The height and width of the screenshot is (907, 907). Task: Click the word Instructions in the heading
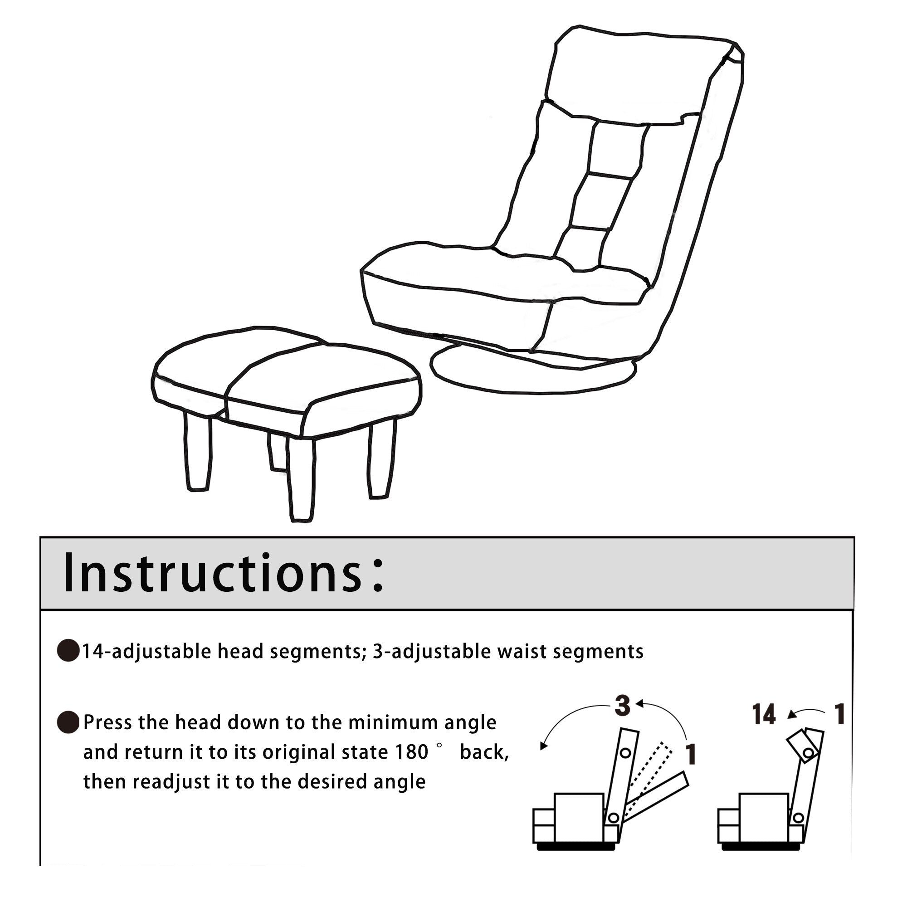point(212,574)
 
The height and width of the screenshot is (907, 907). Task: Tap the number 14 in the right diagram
point(764,715)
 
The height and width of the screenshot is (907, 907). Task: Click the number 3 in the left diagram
point(623,706)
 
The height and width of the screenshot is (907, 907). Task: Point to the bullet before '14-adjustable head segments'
point(68,650)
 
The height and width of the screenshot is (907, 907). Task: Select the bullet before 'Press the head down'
point(68,722)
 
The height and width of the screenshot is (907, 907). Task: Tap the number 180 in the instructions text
point(411,752)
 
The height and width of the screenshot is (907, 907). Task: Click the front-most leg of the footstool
point(301,479)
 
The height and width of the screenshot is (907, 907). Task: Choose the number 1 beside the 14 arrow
point(839,715)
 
